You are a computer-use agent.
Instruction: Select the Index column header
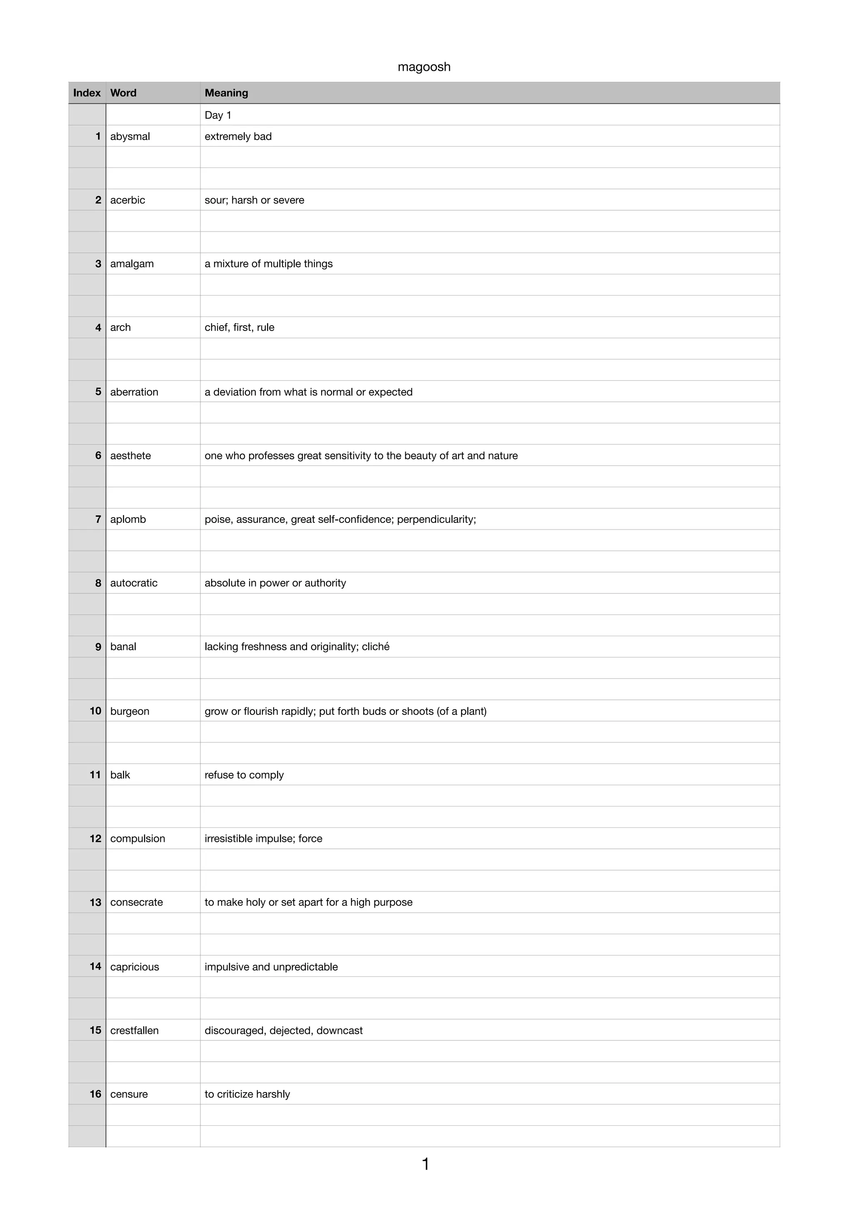pyautogui.click(x=87, y=93)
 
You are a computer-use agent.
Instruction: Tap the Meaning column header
pyautogui.click(x=226, y=93)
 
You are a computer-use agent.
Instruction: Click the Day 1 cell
pyautogui.click(x=218, y=115)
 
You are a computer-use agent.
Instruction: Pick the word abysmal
pyautogui.click(x=130, y=137)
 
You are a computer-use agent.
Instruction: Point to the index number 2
pyautogui.click(x=98, y=200)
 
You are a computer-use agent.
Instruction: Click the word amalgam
pyautogui.click(x=132, y=264)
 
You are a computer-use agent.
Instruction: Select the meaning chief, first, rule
pyautogui.click(x=239, y=328)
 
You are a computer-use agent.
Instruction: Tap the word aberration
pyautogui.click(x=134, y=392)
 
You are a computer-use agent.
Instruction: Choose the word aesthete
pyautogui.click(x=130, y=456)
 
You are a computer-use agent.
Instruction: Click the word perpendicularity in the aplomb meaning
pyautogui.click(x=436, y=519)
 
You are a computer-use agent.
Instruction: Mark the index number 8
pyautogui.click(x=98, y=583)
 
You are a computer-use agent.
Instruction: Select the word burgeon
pyautogui.click(x=130, y=711)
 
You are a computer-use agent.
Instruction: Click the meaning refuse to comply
pyautogui.click(x=244, y=775)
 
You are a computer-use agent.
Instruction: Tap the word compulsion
pyautogui.click(x=138, y=839)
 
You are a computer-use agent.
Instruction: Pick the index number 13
pyautogui.click(x=95, y=902)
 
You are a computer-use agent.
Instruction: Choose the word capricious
pyautogui.click(x=135, y=967)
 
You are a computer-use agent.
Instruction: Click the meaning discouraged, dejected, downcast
pyautogui.click(x=284, y=1030)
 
